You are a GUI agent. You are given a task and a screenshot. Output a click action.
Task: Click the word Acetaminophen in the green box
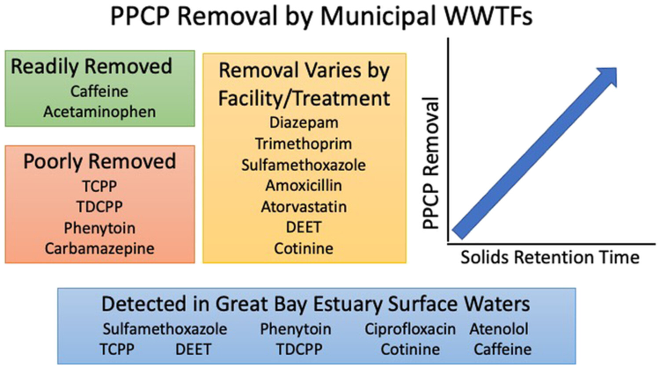coord(99,112)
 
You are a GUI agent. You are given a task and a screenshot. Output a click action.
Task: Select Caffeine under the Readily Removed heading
coord(99,92)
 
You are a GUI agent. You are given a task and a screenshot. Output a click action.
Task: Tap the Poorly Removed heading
coord(99,162)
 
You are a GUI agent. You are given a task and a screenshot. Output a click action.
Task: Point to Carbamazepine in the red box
coord(99,249)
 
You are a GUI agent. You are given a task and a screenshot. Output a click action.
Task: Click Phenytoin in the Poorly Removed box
coord(99,228)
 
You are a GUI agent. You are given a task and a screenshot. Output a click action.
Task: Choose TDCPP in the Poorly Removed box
coord(99,207)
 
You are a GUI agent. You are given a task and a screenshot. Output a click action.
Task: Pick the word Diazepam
coord(304,123)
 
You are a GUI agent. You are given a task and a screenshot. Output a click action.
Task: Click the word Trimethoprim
coord(304,144)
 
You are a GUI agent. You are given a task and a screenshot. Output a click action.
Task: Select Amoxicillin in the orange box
coord(304,186)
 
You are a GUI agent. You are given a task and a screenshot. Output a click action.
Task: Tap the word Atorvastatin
coord(304,207)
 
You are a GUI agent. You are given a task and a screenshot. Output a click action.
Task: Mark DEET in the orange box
coord(304,227)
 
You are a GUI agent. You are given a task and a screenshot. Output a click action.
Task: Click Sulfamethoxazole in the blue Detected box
coord(165,329)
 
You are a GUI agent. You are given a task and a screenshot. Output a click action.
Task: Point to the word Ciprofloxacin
coord(410,330)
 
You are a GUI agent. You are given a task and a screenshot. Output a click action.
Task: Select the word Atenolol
coord(499,329)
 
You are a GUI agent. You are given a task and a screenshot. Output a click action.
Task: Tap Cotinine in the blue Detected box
coord(411,350)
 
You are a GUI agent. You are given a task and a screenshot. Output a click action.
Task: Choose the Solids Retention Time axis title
coord(550,258)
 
